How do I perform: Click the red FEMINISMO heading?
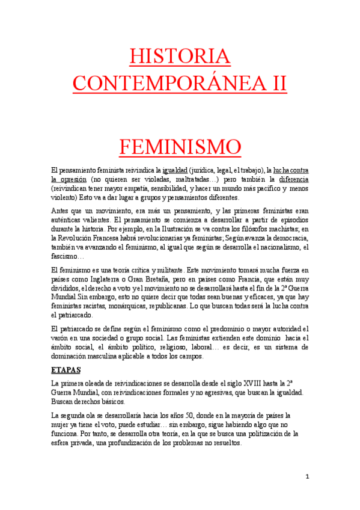point(180,146)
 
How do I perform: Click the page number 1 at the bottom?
point(307,476)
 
